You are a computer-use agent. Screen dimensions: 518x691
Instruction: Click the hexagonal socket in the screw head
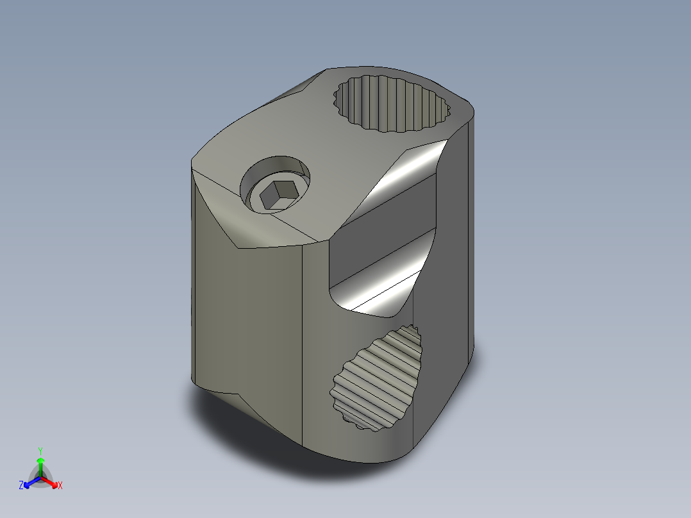277,195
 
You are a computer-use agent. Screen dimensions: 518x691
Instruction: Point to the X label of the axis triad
60,486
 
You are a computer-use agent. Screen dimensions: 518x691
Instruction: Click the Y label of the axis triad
40,451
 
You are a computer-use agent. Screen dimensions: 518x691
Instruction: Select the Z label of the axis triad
21,486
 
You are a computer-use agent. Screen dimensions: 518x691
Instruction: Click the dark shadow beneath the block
256,436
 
